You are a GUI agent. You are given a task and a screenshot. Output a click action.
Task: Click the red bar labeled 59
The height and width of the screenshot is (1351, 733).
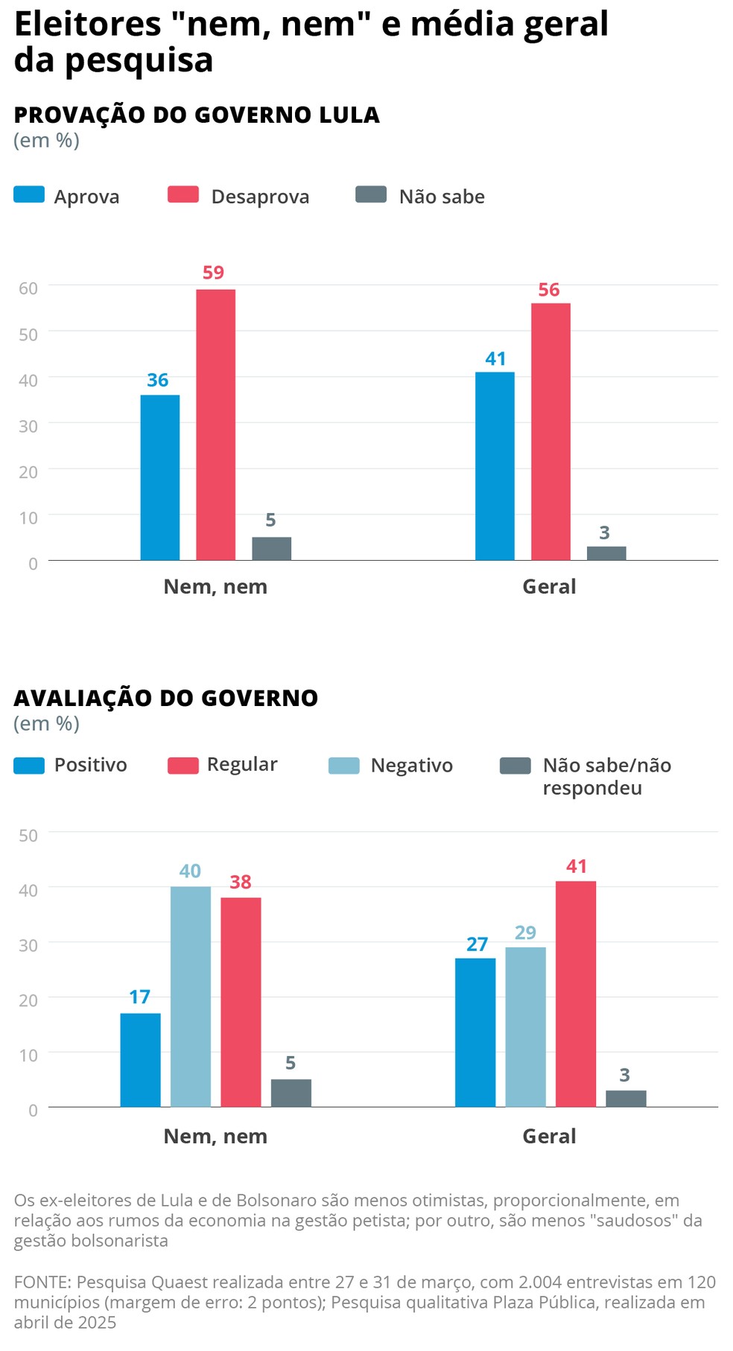(215, 425)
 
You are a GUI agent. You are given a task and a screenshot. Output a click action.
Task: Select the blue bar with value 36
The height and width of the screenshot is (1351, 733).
(159, 477)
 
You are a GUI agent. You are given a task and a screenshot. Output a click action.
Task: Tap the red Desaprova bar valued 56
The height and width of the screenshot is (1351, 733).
(550, 432)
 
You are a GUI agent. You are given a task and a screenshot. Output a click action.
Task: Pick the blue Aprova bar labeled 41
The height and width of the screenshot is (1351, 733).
(495, 466)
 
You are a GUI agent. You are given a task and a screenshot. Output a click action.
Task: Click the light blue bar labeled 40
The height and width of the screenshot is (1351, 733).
(190, 996)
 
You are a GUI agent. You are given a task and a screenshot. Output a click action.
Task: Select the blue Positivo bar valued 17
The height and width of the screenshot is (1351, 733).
(140, 1060)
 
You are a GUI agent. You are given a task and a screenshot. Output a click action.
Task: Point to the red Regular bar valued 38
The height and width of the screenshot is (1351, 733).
(241, 1002)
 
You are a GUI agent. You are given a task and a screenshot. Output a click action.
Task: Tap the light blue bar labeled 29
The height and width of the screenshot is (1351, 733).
(525, 1027)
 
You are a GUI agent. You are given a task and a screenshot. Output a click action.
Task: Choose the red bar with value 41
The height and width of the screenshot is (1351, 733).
(576, 994)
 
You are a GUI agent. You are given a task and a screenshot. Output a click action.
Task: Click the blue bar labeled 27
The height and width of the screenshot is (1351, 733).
(475, 1032)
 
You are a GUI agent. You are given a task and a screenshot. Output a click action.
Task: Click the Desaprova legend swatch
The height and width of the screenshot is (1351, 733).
(183, 195)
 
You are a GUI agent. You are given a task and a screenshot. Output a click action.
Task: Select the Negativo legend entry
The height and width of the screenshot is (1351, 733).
(411, 766)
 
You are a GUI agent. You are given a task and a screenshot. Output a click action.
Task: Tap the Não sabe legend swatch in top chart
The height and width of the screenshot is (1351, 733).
(371, 195)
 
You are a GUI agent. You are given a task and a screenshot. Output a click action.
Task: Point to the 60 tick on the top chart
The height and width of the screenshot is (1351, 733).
(28, 288)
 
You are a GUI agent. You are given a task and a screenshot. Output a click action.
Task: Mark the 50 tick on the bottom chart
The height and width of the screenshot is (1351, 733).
(28, 836)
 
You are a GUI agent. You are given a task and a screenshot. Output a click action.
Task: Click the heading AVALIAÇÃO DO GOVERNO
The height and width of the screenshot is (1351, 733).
(166, 698)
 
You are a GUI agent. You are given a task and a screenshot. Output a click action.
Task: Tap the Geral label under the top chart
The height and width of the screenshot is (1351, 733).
(549, 587)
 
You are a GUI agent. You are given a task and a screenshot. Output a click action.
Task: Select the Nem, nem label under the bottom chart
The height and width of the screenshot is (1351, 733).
(215, 1137)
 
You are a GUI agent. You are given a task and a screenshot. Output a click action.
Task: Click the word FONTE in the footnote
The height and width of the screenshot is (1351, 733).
(41, 1282)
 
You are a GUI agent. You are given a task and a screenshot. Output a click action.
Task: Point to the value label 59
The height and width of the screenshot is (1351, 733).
(213, 273)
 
